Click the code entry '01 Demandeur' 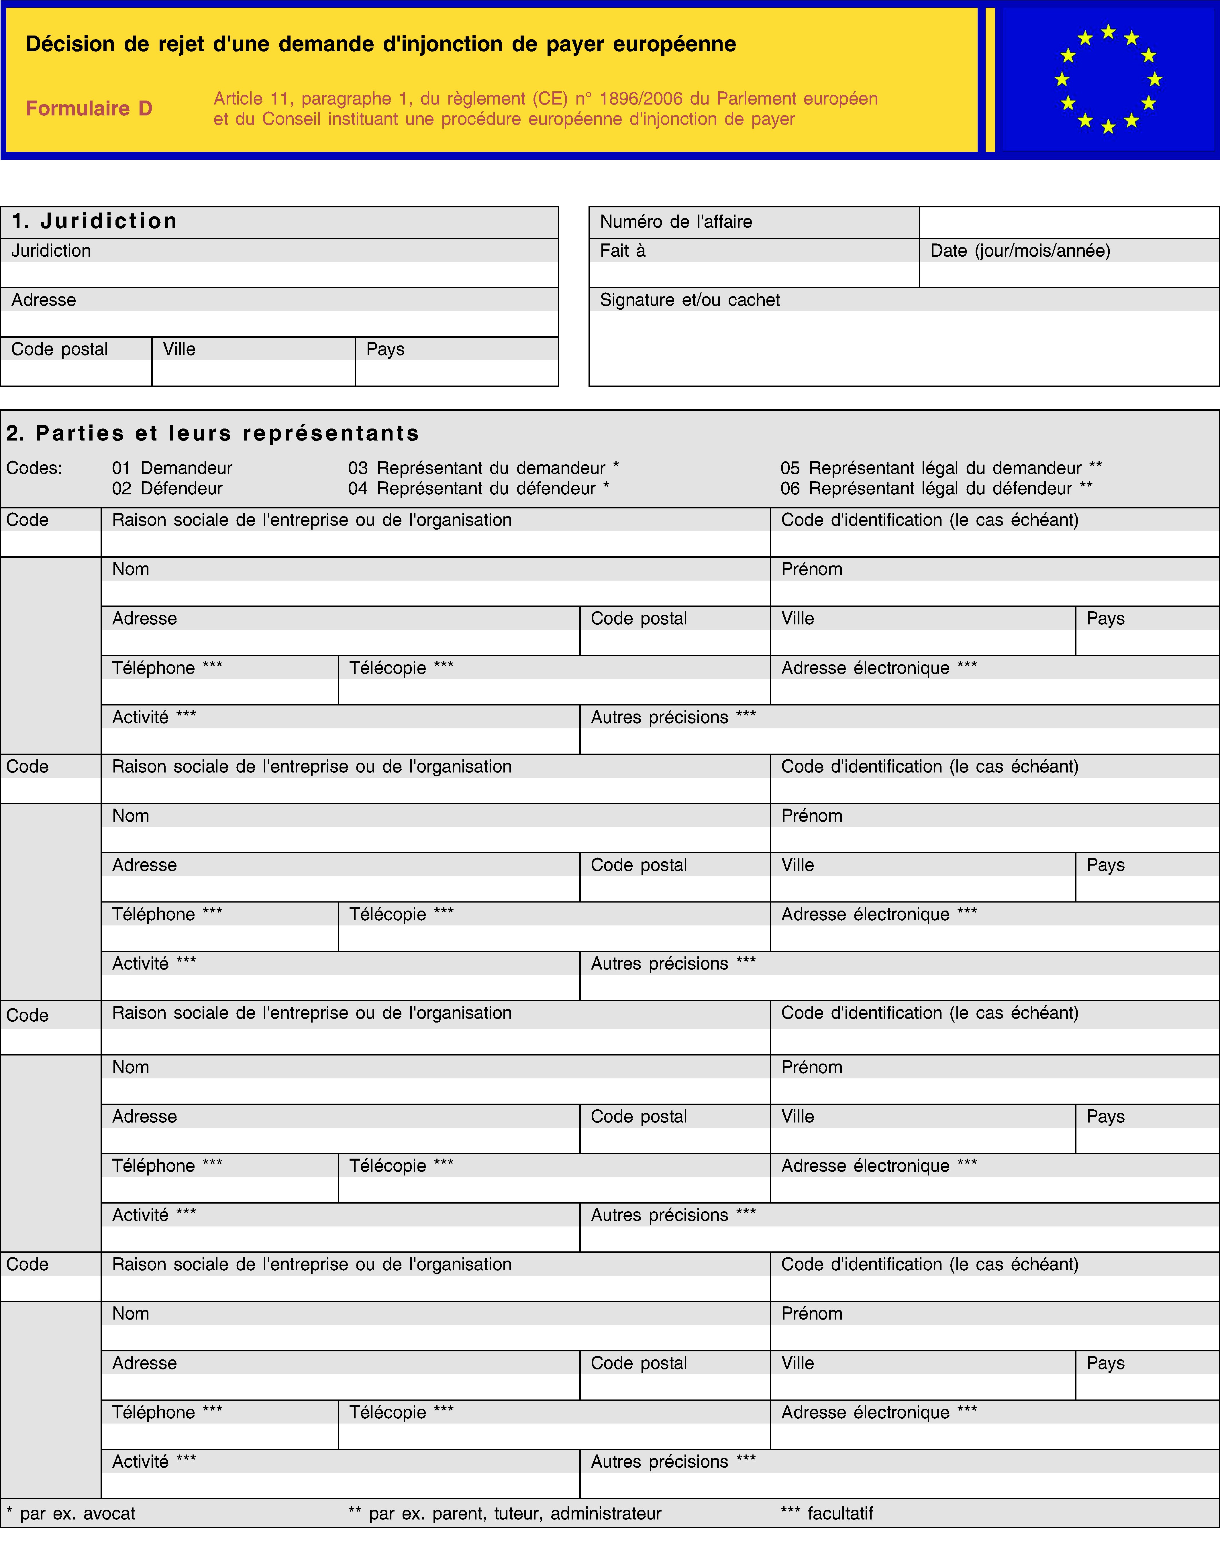click(x=172, y=468)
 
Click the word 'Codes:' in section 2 click(x=34, y=468)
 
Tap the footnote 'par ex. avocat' click(x=77, y=1513)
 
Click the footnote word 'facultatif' click(x=840, y=1513)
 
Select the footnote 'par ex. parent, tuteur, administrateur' click(x=514, y=1513)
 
